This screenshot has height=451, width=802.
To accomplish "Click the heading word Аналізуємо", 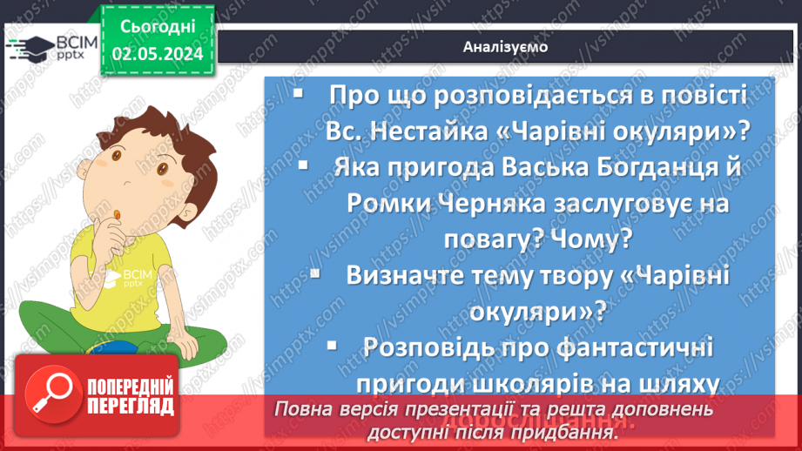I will [x=506, y=47].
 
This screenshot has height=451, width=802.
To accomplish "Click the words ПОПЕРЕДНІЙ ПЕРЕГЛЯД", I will [x=131, y=396].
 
